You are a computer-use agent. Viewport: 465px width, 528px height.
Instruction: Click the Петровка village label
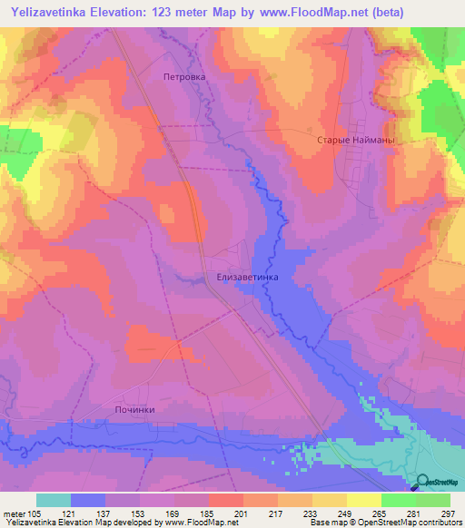(x=184, y=78)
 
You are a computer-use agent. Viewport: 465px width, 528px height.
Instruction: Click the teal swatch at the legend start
(x=54, y=500)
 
